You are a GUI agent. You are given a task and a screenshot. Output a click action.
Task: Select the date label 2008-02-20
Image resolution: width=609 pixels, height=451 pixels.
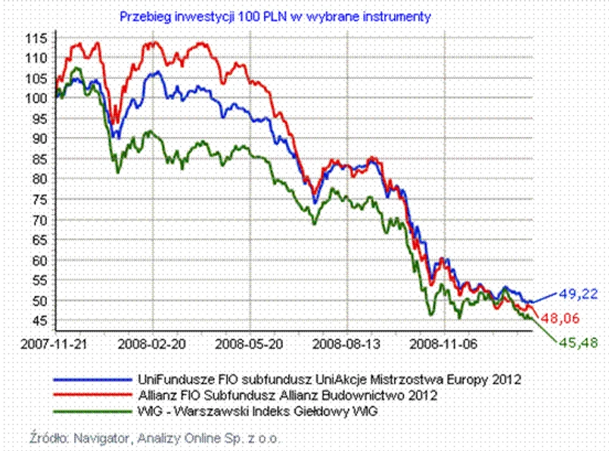153,342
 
